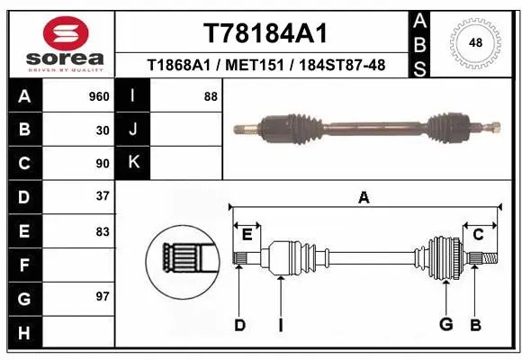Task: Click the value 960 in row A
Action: [99, 96]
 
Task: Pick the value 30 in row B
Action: [103, 130]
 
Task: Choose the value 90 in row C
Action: [103, 164]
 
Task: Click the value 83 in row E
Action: [103, 231]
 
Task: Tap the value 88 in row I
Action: [211, 96]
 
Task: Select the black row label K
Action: [133, 163]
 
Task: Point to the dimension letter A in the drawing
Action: [364, 199]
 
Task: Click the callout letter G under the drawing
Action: [445, 325]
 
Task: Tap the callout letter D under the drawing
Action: [239, 325]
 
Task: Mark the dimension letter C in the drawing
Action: [479, 235]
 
